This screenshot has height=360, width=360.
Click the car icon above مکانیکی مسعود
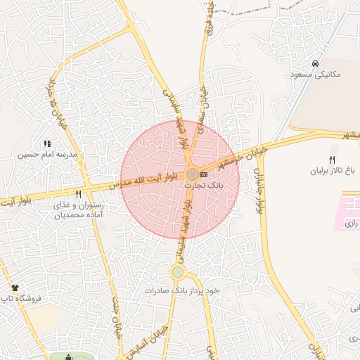(x=315, y=63)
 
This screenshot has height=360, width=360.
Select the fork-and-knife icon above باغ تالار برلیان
(x=332, y=160)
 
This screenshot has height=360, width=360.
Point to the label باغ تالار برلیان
(x=332, y=171)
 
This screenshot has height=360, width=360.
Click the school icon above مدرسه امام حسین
(x=47, y=143)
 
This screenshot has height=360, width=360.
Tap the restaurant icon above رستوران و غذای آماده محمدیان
(x=78, y=195)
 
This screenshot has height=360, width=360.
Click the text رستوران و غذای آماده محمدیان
(x=78, y=210)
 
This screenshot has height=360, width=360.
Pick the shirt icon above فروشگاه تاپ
(x=15, y=288)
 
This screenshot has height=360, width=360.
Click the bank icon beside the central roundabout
(x=204, y=173)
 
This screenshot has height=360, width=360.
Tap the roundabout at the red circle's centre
(x=191, y=174)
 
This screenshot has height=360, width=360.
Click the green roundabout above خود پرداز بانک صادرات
(x=177, y=272)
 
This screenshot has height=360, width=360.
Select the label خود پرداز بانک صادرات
(x=183, y=290)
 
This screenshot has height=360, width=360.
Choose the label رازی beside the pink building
(x=352, y=224)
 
